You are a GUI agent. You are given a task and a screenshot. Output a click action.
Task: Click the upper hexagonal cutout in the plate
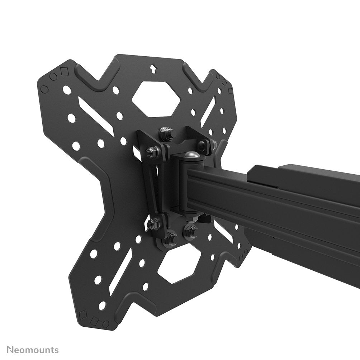[156, 99]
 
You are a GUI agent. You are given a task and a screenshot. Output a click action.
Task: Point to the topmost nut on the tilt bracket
[166, 133]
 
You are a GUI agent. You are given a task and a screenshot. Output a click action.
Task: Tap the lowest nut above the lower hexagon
[170, 238]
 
